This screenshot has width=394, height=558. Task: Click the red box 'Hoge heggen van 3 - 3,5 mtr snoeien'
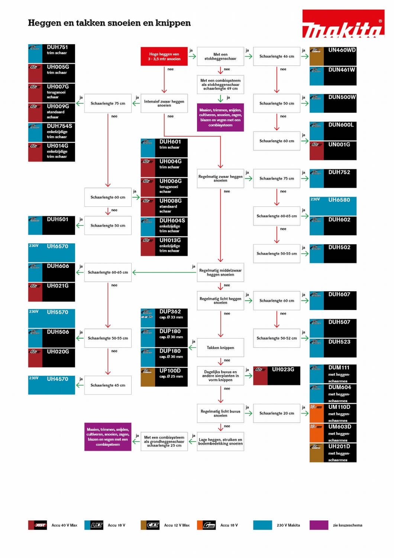164,57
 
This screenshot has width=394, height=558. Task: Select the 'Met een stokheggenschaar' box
220,57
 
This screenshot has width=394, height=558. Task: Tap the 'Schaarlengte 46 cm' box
277,57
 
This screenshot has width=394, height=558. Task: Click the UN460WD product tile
333,56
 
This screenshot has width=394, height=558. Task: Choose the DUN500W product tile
333,103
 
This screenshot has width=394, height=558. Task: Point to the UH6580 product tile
333,206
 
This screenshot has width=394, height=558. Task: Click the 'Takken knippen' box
220,348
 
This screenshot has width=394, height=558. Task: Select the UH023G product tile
277,375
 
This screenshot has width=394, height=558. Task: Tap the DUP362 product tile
164,318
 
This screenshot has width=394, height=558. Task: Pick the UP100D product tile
164,377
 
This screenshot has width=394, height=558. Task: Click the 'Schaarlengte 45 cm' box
108,385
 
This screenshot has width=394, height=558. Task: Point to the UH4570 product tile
52,385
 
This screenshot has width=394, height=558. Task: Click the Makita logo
343,24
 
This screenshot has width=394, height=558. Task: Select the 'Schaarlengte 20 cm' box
277,413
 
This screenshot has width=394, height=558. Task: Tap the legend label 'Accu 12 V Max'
177,525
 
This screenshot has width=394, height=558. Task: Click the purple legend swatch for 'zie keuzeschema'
319,525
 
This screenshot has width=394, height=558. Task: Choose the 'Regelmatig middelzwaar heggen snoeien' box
220,273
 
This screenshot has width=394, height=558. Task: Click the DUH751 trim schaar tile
52,54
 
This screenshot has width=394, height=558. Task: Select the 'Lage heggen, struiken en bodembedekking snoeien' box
220,442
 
